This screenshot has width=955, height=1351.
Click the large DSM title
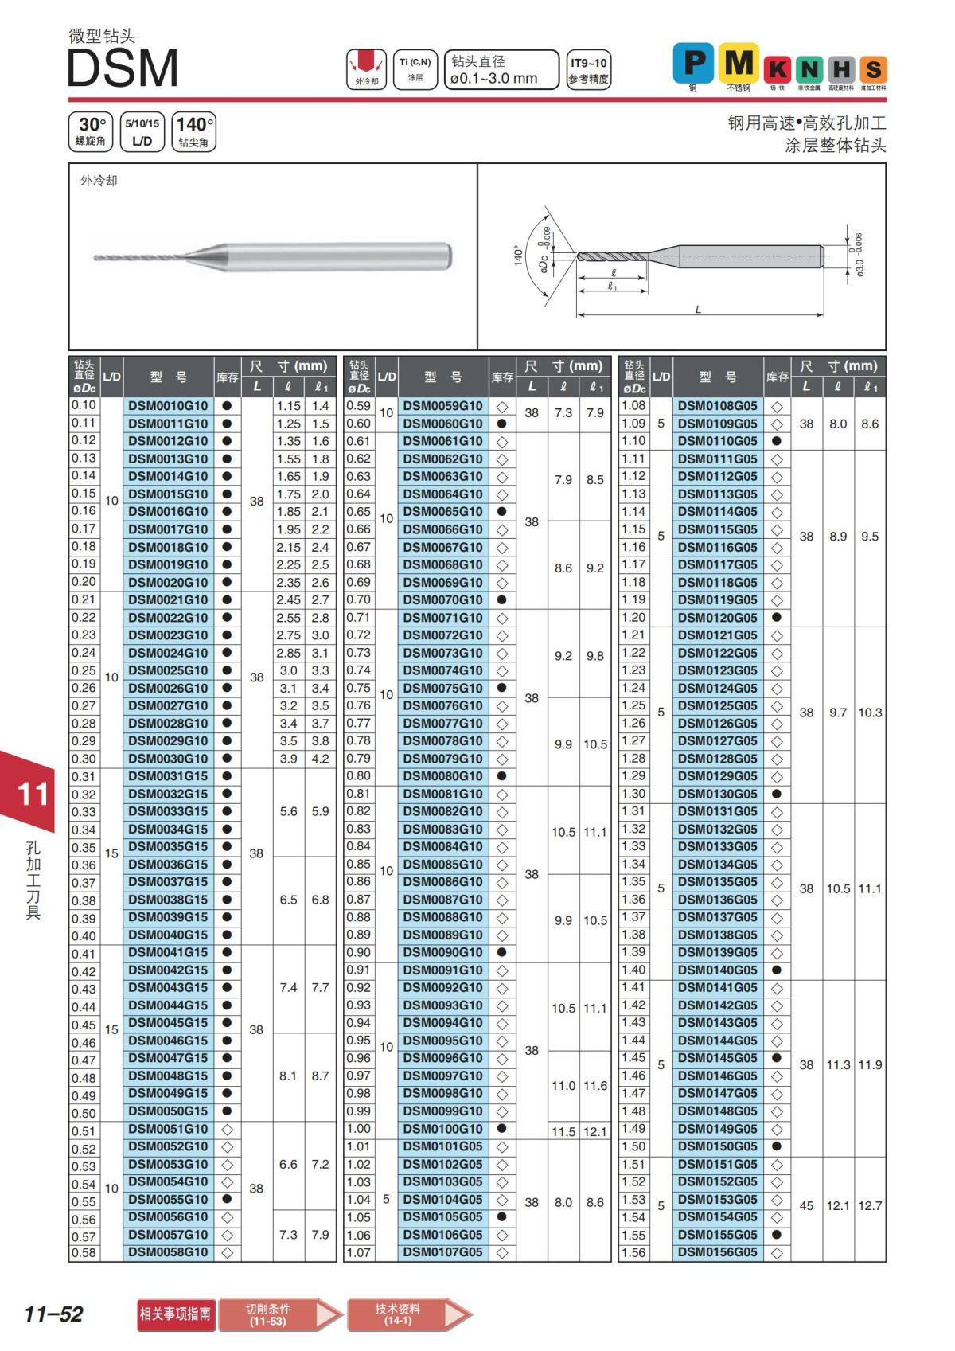(x=123, y=68)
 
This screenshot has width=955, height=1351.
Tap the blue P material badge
(x=693, y=63)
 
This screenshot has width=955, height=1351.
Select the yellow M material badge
(x=738, y=63)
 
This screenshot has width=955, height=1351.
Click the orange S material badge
(x=873, y=69)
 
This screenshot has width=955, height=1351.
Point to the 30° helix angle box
(x=91, y=131)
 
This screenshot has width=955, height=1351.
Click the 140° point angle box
(x=193, y=131)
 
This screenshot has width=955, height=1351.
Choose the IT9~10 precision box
(x=588, y=70)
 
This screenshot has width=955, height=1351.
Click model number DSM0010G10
(x=168, y=406)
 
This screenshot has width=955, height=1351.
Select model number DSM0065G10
(x=442, y=512)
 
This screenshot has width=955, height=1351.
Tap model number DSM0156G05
(x=717, y=1252)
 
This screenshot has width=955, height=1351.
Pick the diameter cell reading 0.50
(x=84, y=1113)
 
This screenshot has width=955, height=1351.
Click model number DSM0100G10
(x=442, y=1129)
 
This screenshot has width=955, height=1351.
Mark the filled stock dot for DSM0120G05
(x=777, y=618)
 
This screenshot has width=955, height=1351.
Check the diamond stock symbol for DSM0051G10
(x=227, y=1130)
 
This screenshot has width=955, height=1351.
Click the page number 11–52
(x=53, y=1314)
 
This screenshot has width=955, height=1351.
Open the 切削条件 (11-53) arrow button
(x=279, y=1314)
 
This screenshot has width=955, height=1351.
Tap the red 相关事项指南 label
(x=175, y=1314)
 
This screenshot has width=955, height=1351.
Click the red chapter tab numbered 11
(x=32, y=794)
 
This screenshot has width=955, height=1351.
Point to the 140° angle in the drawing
(x=518, y=256)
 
